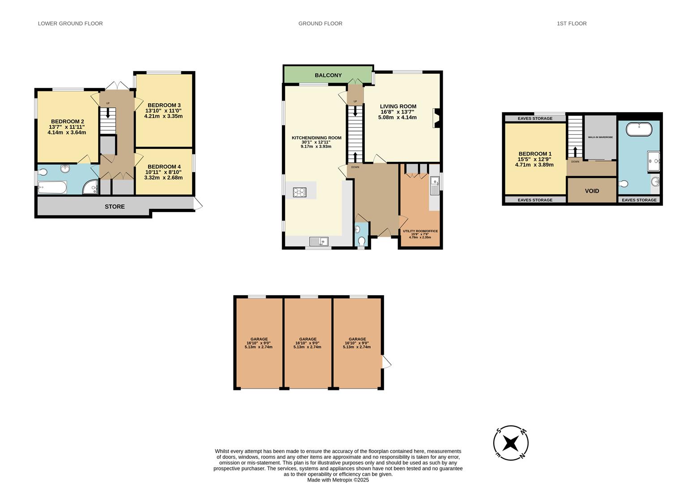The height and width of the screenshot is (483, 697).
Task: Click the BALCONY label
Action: [328, 75]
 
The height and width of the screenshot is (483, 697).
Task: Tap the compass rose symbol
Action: [510, 443]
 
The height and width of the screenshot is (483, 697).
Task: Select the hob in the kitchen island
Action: [299, 192]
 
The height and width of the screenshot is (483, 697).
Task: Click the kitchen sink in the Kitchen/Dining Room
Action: [318, 241]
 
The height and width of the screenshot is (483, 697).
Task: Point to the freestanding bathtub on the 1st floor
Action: [639, 130]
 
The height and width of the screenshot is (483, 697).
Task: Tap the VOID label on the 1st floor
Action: [592, 191]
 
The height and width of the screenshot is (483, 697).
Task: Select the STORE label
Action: [115, 207]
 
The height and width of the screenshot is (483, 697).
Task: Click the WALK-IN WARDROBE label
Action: [600, 137]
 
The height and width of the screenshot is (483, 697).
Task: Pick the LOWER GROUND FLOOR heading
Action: [70, 24]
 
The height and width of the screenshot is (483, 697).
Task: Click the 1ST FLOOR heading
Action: [572, 24]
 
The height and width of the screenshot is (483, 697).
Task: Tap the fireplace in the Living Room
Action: [436, 119]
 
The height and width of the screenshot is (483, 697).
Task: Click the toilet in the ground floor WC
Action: [362, 241]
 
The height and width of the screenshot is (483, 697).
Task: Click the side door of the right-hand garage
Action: [386, 361]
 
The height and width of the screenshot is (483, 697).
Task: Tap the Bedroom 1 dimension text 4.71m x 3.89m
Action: [535, 165]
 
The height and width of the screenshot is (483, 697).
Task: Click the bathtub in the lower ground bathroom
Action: [52, 187]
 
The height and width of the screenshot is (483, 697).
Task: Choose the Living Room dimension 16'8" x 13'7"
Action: [398, 112]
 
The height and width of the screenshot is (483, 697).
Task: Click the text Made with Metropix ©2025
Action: [338, 480]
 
